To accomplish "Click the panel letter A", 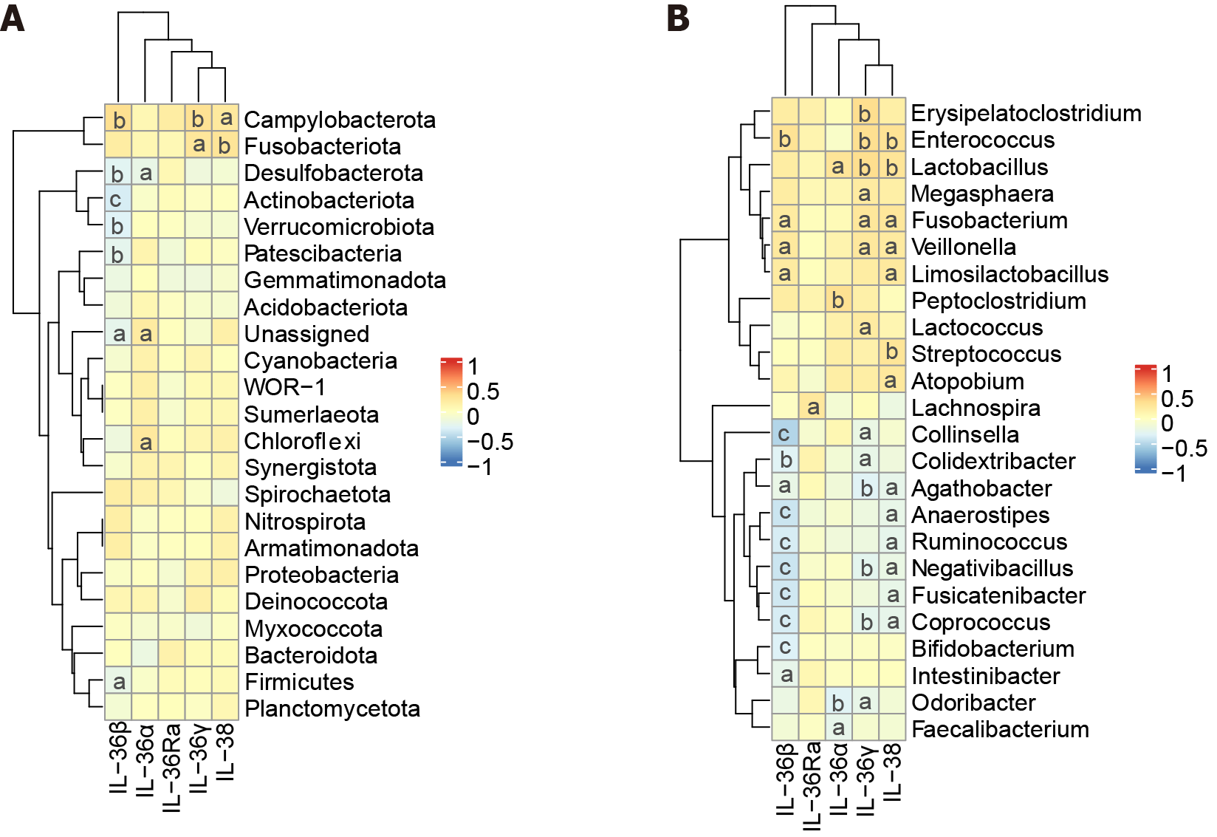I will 13,18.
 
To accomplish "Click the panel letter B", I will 678,18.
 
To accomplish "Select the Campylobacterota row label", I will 340,120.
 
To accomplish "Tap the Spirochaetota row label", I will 318,494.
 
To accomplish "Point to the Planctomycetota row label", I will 332,708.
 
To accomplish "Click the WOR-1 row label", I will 284,387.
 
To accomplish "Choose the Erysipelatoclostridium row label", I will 1026,113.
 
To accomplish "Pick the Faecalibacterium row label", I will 1001,729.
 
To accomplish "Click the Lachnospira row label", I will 976,408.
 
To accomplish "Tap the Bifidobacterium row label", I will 993,649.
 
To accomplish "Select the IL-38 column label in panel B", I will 892,772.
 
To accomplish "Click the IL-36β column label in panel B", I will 786,779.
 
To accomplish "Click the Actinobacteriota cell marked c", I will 117,199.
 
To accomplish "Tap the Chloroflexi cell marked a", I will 145,442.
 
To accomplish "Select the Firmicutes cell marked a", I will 118,681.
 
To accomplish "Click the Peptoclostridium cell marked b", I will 837,300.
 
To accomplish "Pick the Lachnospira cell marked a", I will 812,407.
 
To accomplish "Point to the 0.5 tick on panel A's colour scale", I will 483,392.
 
